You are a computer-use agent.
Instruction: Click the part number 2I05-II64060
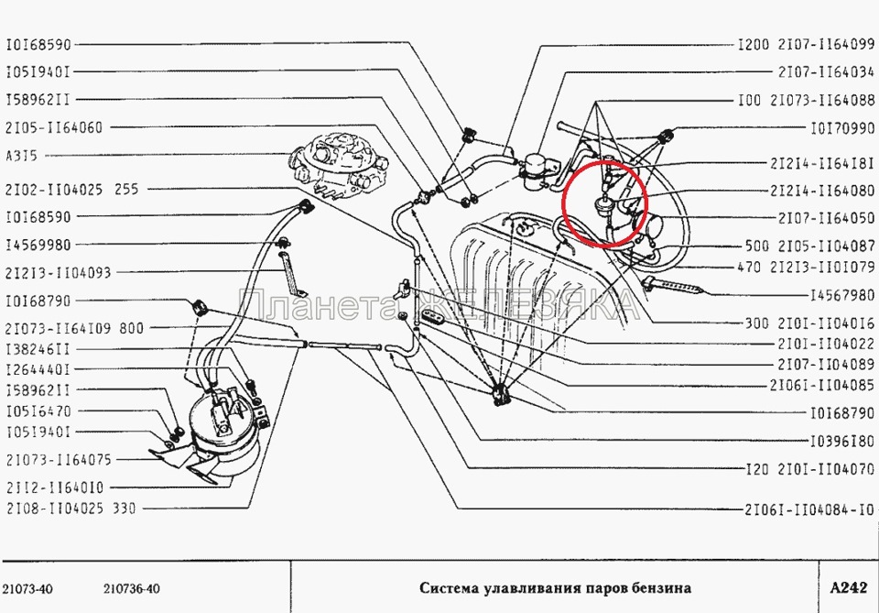coord(54,128)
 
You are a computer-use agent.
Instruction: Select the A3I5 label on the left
coord(21,156)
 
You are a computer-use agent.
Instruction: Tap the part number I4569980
coord(38,245)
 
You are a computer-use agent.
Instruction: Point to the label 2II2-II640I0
coord(55,487)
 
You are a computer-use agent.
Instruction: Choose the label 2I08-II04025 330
coord(71,509)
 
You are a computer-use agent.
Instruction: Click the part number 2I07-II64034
coord(826,71)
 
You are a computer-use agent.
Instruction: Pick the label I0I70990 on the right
coord(842,128)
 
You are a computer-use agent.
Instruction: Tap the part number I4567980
coord(842,294)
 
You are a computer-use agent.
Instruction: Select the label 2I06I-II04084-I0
coord(808,509)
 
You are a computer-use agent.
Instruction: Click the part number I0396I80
coord(842,441)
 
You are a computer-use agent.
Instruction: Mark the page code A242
coord(848,587)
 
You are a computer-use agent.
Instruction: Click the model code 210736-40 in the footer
coord(132,589)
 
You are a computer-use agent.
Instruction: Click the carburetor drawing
coord(339,163)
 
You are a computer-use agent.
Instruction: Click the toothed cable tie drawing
coord(673,286)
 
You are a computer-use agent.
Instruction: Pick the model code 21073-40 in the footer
coord(27,589)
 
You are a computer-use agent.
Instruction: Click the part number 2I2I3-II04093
coord(59,272)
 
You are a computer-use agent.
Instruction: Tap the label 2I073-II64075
coord(59,460)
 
